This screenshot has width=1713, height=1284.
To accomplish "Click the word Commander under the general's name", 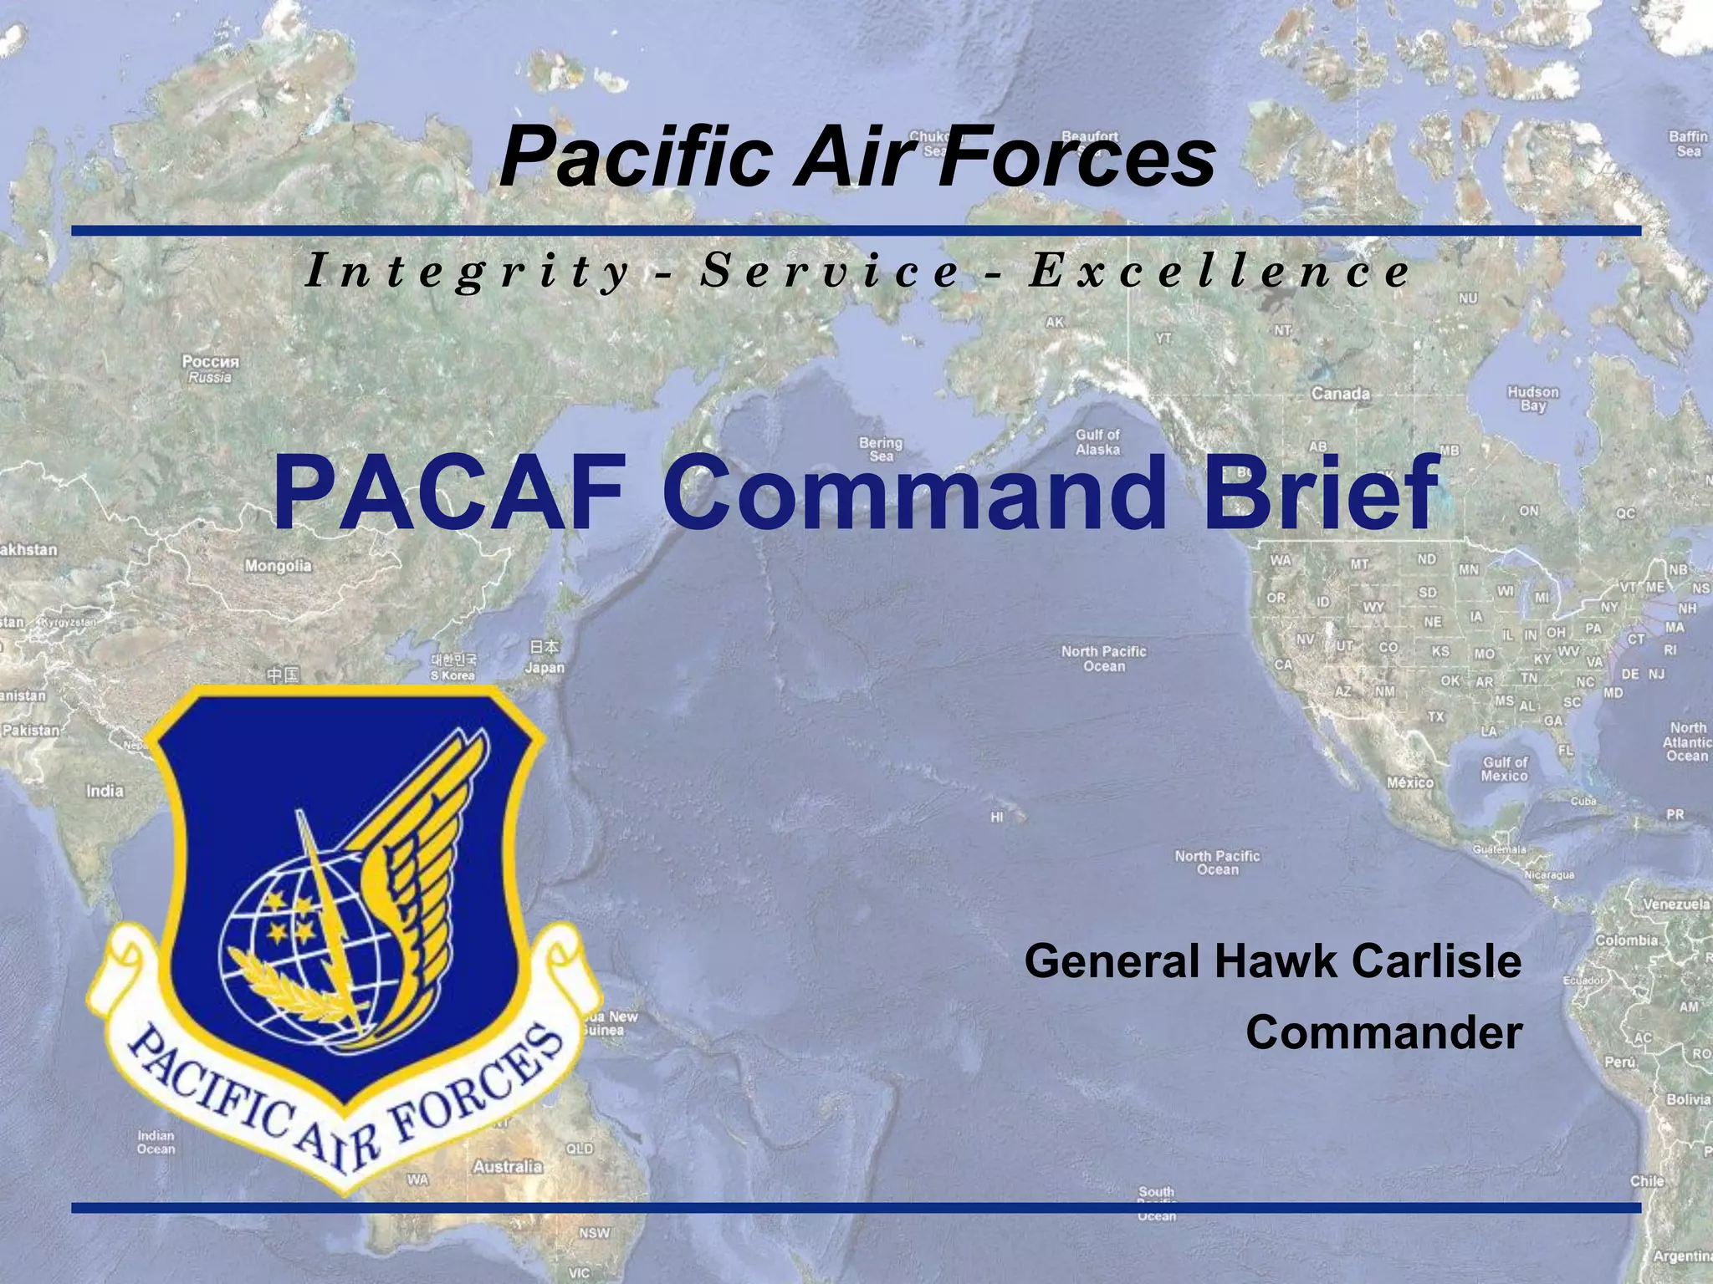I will coord(1383,1032).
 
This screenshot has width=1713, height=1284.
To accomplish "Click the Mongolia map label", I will coord(278,566).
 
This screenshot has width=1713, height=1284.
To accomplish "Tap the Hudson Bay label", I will coord(1533,399).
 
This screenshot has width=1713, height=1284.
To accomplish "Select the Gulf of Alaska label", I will coord(1097,442).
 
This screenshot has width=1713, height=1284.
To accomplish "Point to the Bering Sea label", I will coord(881,449).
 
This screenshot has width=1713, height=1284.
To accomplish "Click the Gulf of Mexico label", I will coord(1505,769).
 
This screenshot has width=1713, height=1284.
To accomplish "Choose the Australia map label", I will coord(508,1165).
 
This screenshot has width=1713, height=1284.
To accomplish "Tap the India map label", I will coord(105,791).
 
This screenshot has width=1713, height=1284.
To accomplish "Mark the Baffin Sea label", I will coord(1688,144).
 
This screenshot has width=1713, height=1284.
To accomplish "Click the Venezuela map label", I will coord(1675,904).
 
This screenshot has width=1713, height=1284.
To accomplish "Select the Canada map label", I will coord(1340,394).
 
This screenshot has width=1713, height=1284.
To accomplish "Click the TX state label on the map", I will coord(1435,717).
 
